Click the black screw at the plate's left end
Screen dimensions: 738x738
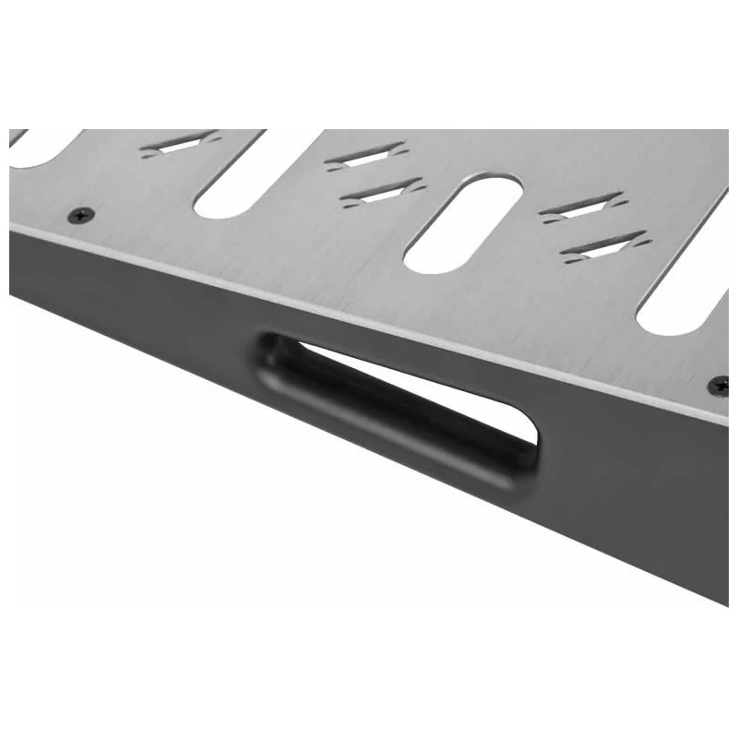pyautogui.click(x=81, y=215)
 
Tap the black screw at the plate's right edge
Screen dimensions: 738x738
pyautogui.click(x=718, y=384)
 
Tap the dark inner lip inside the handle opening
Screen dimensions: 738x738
pyautogui.click(x=387, y=406)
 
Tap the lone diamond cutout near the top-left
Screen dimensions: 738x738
pyautogui.click(x=180, y=144)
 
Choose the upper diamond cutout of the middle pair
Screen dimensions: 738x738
pyautogui.click(x=365, y=156)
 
